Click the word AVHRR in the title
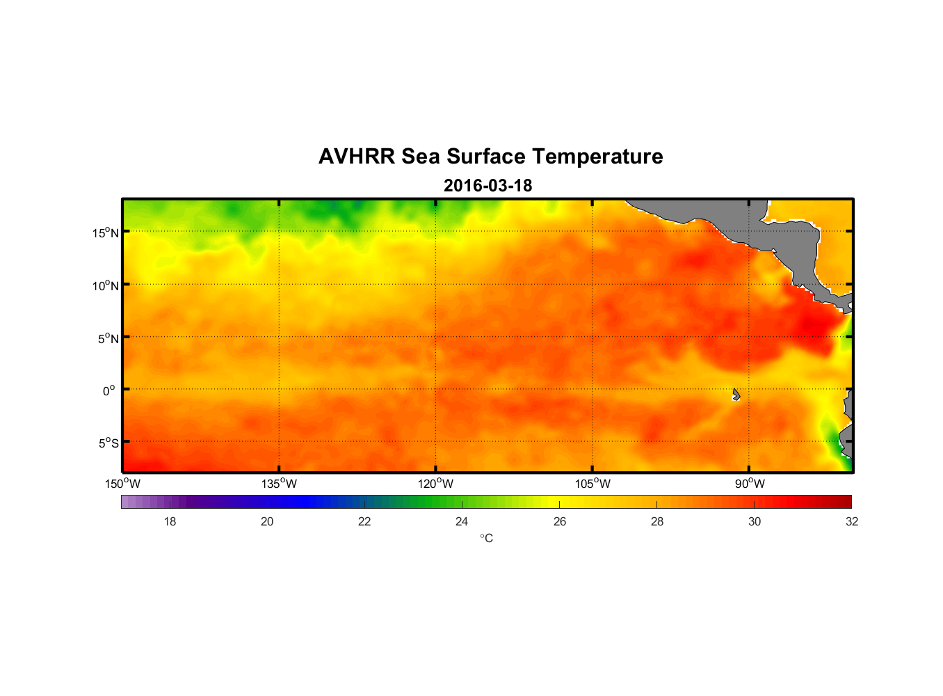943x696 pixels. (356, 157)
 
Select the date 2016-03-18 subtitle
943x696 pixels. (487, 186)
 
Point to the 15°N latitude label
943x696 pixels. (106, 232)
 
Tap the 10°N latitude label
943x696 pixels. (106, 285)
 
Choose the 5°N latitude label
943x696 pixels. (108, 338)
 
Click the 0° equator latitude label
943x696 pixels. (109, 390)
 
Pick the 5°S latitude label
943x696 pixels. (108, 443)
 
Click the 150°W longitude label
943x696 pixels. (122, 484)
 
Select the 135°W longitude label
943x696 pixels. (279, 484)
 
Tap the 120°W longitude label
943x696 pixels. (435, 484)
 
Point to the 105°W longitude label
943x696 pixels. (593, 484)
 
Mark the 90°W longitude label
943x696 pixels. (749, 484)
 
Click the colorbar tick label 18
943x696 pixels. (170, 521)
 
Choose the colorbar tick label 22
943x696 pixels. (364, 521)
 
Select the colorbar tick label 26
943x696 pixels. (560, 521)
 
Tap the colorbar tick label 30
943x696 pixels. (755, 521)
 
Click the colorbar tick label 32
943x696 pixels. (852, 521)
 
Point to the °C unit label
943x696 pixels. (486, 538)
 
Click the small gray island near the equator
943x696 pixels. (736, 395)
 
